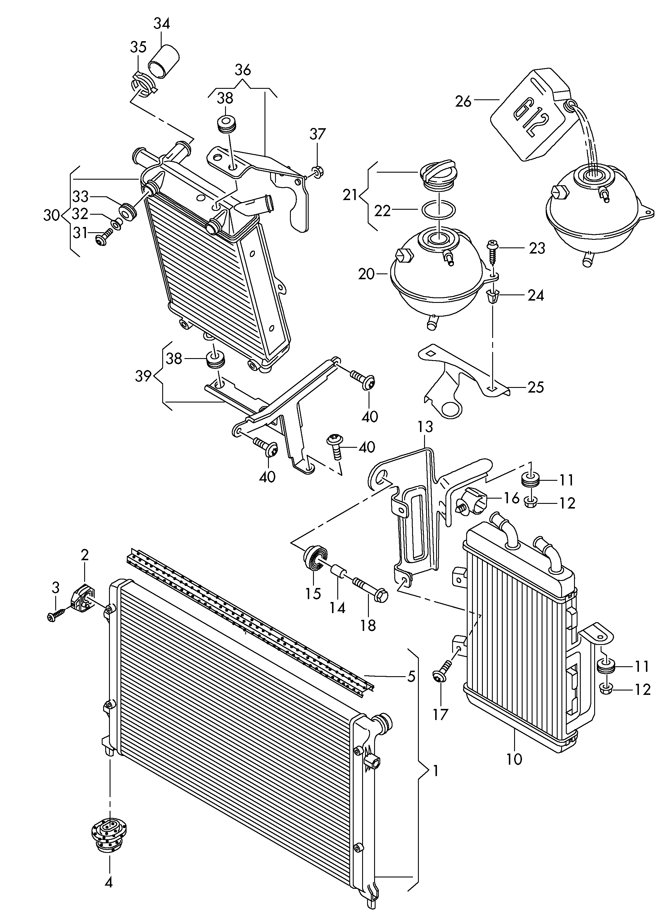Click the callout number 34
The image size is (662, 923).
coord(161,24)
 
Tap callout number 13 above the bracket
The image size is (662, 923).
coord(425,427)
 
